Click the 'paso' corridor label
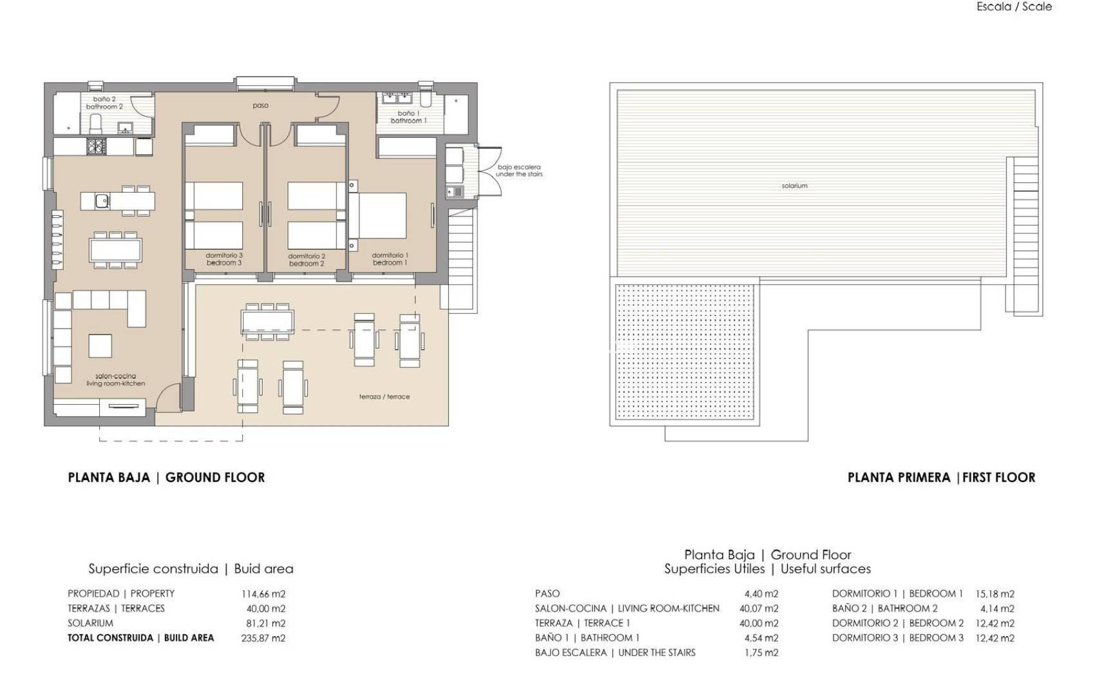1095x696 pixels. pyautogui.click(x=260, y=105)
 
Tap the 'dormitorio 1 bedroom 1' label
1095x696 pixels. pyautogui.click(x=390, y=259)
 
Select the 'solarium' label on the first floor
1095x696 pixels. pyautogui.click(x=794, y=186)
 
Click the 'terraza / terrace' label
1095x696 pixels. pyautogui.click(x=384, y=397)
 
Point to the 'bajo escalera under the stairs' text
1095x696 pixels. pyautogui.click(x=519, y=171)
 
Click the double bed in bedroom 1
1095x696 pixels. pyautogui.click(x=381, y=216)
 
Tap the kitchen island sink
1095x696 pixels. pyautogui.click(x=102, y=201)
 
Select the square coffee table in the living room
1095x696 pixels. pyautogui.click(x=100, y=346)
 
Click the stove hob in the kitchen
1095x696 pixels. pyautogui.click(x=95, y=148)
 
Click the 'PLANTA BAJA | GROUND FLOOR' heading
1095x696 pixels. pyautogui.click(x=166, y=478)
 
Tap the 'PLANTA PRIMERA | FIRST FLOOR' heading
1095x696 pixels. pyautogui.click(x=941, y=478)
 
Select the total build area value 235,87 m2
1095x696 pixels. pyautogui.click(x=263, y=638)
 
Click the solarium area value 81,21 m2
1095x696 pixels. pyautogui.click(x=265, y=623)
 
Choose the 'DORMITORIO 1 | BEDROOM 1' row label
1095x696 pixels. pyautogui.click(x=897, y=594)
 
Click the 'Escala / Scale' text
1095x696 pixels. pyautogui.click(x=1014, y=6)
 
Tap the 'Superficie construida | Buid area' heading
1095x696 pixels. pyautogui.click(x=191, y=569)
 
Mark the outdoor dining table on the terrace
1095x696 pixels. pyautogui.click(x=267, y=320)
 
